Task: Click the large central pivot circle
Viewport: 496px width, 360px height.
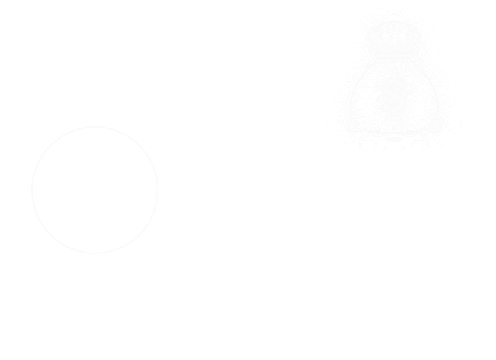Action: [244, 265]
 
